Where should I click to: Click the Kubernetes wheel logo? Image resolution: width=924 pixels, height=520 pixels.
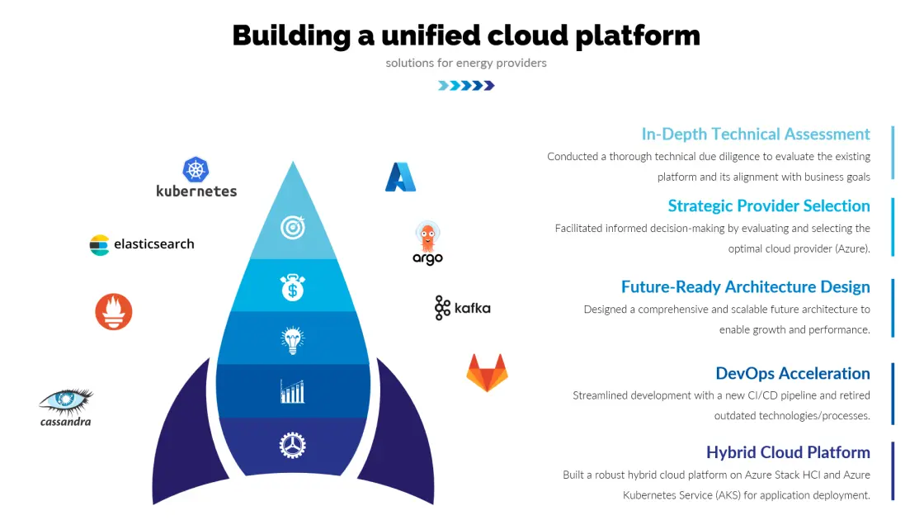click(x=196, y=170)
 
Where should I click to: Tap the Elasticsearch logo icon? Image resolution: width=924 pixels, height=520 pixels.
click(x=99, y=245)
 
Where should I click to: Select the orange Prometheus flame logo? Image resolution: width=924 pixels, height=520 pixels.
click(x=114, y=312)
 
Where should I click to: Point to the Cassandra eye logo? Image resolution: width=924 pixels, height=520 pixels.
click(x=66, y=401)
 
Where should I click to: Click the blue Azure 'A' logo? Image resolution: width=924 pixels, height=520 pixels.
click(x=400, y=177)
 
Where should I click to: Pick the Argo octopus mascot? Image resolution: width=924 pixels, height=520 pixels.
click(x=427, y=237)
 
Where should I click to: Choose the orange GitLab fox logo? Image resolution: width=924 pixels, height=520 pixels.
click(x=487, y=372)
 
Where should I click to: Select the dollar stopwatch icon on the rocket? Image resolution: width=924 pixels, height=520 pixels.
click(x=293, y=287)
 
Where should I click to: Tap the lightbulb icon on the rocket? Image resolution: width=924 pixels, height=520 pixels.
click(x=293, y=339)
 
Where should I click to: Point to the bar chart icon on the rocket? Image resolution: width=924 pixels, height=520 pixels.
click(x=293, y=391)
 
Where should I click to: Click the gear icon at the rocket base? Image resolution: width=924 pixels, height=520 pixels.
click(x=293, y=446)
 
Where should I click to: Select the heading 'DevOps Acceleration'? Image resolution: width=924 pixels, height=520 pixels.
click(x=792, y=373)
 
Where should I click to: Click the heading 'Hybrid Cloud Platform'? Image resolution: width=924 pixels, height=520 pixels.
click(x=788, y=452)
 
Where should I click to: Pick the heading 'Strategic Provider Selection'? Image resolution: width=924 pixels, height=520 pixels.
click(x=769, y=206)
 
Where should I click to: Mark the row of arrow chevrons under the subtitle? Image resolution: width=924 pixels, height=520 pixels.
click(x=466, y=85)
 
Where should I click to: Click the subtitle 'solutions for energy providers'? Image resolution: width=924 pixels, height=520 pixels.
click(x=466, y=63)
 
